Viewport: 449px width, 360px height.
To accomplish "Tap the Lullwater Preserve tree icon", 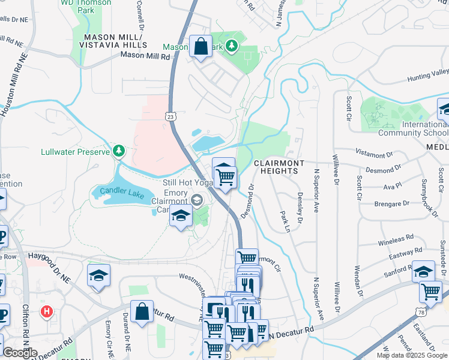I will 119,150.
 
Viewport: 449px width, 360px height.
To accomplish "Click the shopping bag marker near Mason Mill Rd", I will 200,46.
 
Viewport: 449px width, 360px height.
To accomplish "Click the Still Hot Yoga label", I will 187,182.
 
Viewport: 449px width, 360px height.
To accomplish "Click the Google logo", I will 19,353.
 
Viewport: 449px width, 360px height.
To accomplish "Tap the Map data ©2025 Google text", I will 412,355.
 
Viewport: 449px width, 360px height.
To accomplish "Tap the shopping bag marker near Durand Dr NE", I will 142,312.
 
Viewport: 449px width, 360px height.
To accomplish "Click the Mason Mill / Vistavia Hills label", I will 112,41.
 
